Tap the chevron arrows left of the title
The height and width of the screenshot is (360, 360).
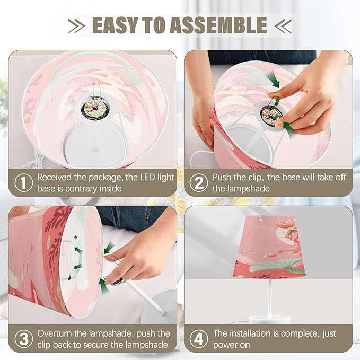tap(76, 25)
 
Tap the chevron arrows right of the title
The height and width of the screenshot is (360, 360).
tap(283, 25)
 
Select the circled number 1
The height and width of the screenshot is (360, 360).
tap(24, 182)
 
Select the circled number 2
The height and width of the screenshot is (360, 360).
tap(199, 182)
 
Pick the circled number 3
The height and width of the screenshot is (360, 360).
tap(24, 339)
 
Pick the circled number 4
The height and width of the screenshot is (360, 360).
tap(199, 339)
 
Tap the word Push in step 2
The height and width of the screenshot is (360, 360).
tap(221, 177)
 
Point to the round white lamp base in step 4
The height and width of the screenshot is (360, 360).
tap(269, 319)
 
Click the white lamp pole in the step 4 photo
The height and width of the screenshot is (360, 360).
tap(270, 297)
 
